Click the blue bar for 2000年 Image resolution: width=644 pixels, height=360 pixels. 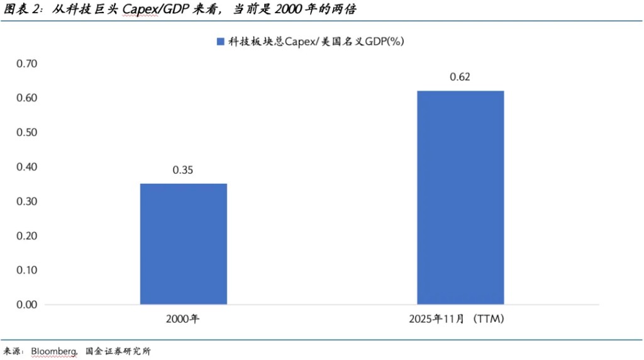(x=183, y=244)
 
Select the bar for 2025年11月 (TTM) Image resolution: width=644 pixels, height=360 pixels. (x=460, y=198)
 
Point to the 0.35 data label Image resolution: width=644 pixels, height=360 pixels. (x=183, y=170)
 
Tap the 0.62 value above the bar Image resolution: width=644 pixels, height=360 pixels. (x=460, y=77)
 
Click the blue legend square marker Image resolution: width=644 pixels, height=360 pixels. (x=220, y=42)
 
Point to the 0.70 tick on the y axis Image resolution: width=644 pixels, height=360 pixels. (x=27, y=64)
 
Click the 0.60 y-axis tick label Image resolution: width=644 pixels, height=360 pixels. (x=27, y=98)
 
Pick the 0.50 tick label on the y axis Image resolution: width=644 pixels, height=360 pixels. (x=27, y=133)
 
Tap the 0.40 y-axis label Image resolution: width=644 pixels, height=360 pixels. (x=27, y=167)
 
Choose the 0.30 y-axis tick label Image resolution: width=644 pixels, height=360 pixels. (x=27, y=201)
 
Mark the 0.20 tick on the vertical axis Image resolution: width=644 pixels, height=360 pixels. (x=27, y=236)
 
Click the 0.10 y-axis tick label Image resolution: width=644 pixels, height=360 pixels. (x=27, y=270)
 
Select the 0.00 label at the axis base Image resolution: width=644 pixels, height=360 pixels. (x=27, y=305)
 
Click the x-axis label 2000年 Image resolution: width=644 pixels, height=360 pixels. (x=183, y=319)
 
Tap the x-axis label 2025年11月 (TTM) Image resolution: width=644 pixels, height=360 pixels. (x=460, y=319)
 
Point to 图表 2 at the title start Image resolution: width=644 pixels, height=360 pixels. (x=19, y=10)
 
